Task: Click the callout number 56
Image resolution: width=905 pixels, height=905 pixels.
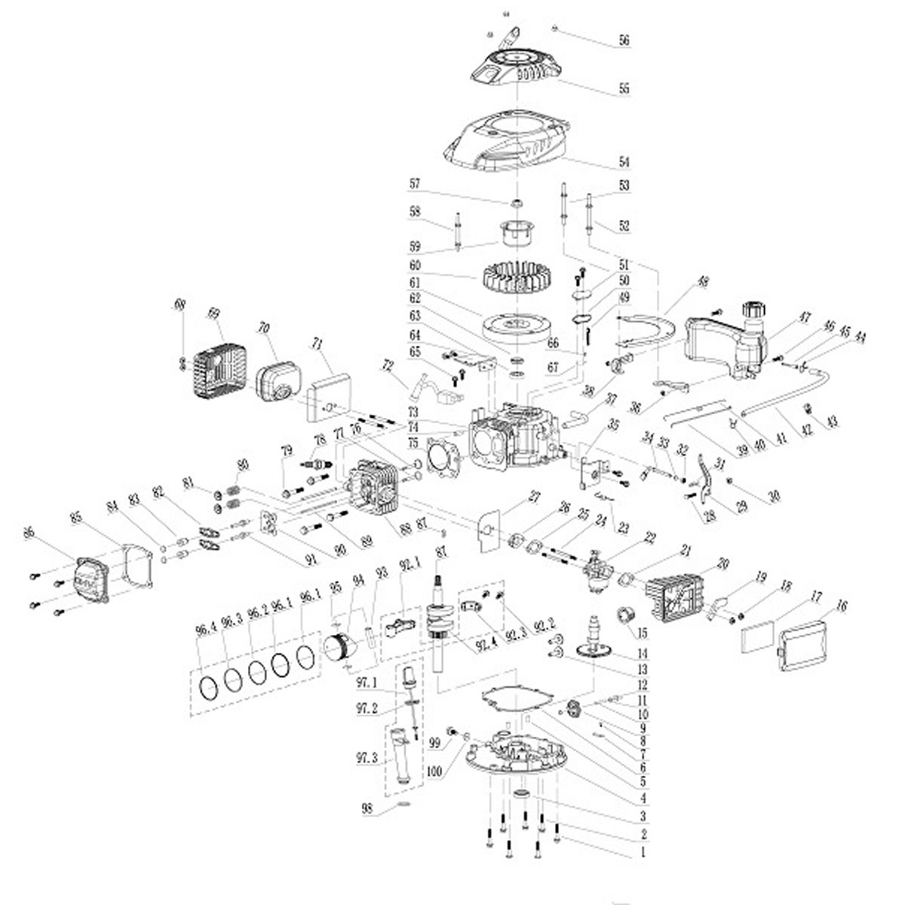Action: coord(624,41)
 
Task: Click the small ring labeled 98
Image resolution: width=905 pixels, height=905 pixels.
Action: coord(404,811)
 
